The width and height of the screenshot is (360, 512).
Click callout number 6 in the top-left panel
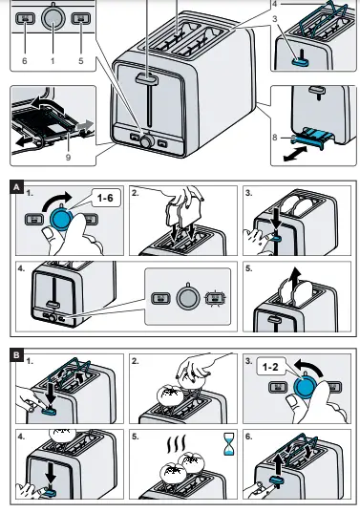click(25, 60)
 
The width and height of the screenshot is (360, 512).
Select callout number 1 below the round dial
click(53, 60)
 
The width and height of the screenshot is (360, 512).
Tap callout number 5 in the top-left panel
click(82, 60)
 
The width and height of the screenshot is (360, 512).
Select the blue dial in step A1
click(62, 219)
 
